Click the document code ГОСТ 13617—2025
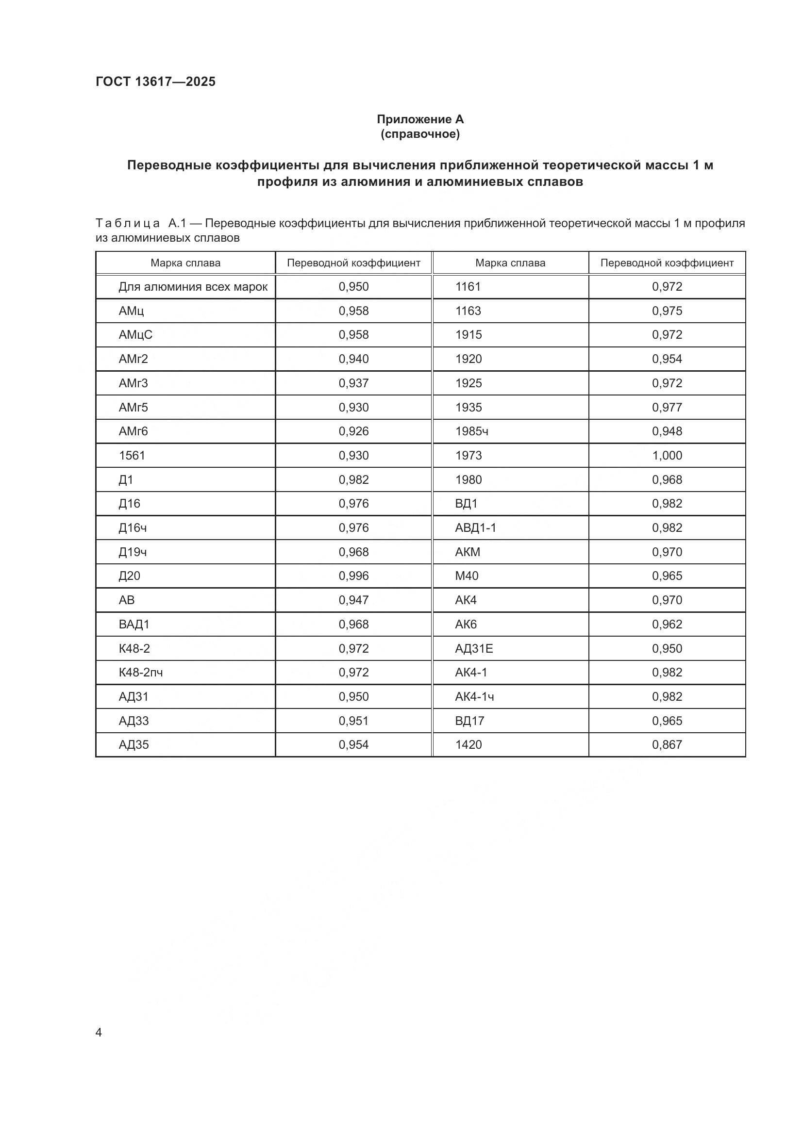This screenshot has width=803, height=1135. [155, 82]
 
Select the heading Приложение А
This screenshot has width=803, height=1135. [420, 119]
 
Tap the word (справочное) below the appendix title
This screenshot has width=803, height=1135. [420, 134]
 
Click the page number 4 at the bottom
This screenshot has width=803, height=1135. [99, 1032]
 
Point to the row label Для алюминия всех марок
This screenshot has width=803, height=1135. [193, 287]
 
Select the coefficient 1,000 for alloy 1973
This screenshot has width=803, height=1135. [667, 455]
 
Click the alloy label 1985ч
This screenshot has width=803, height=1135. [471, 431]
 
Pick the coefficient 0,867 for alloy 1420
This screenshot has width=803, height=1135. [667, 744]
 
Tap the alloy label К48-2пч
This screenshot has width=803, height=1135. [140, 672]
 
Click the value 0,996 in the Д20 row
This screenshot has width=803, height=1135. [353, 576]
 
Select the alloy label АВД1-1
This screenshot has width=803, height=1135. [475, 527]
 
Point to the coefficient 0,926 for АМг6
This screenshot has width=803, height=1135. [353, 431]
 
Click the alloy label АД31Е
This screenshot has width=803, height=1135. [474, 648]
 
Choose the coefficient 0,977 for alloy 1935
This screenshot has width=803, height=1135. [667, 407]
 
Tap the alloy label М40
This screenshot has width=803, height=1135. [466, 576]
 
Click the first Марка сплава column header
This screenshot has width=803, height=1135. [185, 263]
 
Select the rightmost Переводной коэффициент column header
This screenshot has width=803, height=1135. [667, 263]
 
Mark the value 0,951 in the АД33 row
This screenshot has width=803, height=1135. [353, 721]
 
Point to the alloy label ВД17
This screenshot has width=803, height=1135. [469, 721]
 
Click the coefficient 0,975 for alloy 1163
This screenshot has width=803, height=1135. [667, 311]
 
